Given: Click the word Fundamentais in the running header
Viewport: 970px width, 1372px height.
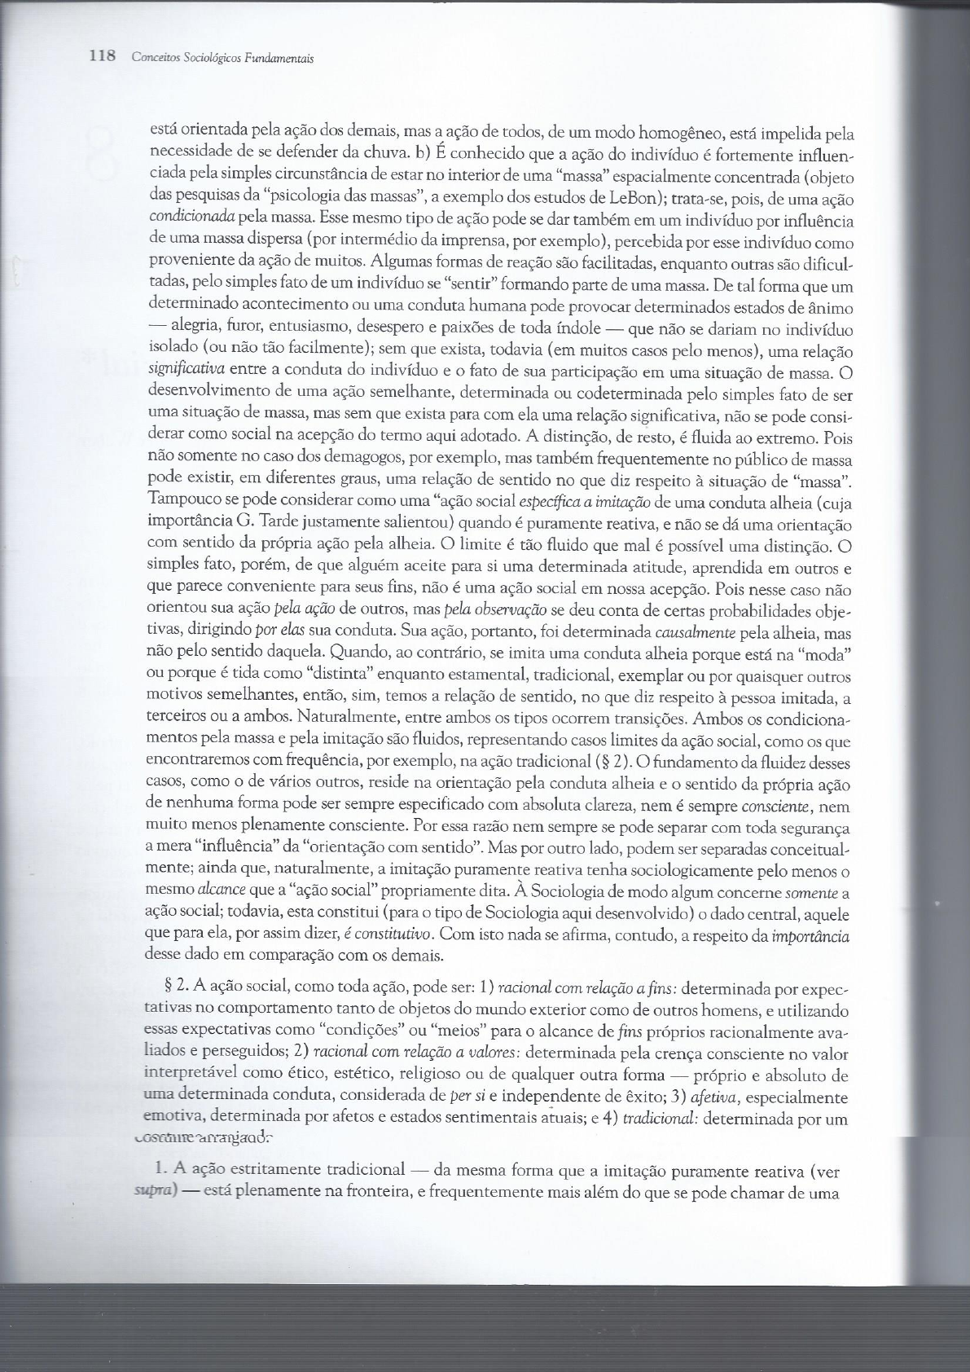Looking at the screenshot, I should tap(286, 59).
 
